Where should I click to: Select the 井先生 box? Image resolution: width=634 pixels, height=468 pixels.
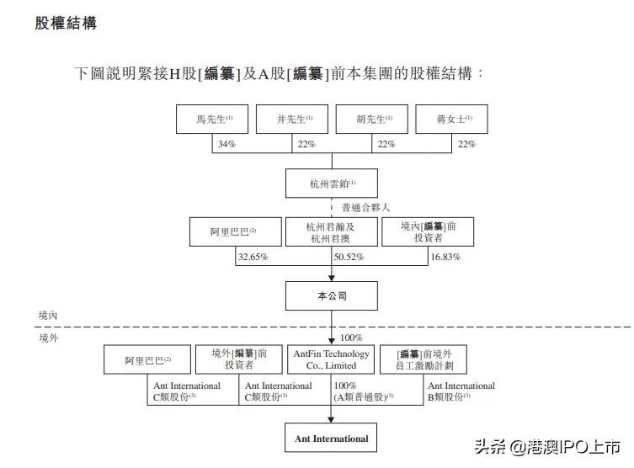(x=291, y=120)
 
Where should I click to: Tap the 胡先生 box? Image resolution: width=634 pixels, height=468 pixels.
(x=371, y=120)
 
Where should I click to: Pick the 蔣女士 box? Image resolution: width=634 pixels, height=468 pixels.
(x=451, y=120)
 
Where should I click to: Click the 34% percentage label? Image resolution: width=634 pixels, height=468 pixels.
(x=226, y=144)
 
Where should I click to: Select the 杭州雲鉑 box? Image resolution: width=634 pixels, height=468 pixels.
(x=332, y=183)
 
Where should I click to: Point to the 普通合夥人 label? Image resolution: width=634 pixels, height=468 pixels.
(x=366, y=207)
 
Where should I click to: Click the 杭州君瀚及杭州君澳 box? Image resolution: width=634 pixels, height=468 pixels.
(x=330, y=231)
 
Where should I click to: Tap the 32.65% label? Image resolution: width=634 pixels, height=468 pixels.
(x=253, y=256)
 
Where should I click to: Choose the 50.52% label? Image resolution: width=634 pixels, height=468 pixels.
(x=349, y=256)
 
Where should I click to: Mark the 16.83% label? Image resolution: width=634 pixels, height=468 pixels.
(x=445, y=256)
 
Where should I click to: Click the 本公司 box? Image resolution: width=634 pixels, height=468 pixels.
(x=332, y=296)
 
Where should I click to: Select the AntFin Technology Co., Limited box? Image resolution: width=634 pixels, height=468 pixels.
(x=331, y=359)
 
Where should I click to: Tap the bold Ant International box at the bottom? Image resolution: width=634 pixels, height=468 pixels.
(x=331, y=439)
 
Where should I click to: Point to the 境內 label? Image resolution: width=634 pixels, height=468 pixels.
(x=48, y=315)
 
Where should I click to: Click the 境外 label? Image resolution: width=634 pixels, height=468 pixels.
(x=48, y=338)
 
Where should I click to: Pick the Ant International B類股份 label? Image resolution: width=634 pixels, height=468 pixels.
(x=461, y=391)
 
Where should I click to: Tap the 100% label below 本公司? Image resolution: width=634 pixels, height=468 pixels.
(x=351, y=337)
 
